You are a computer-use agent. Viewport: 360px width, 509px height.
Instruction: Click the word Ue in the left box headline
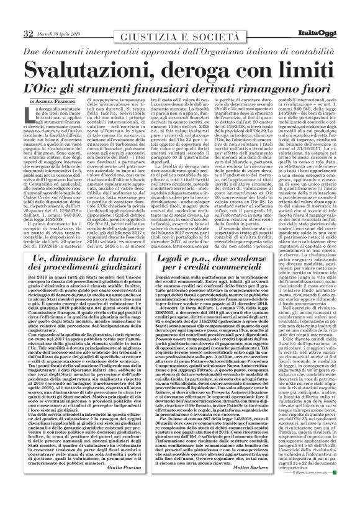point(39,244)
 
